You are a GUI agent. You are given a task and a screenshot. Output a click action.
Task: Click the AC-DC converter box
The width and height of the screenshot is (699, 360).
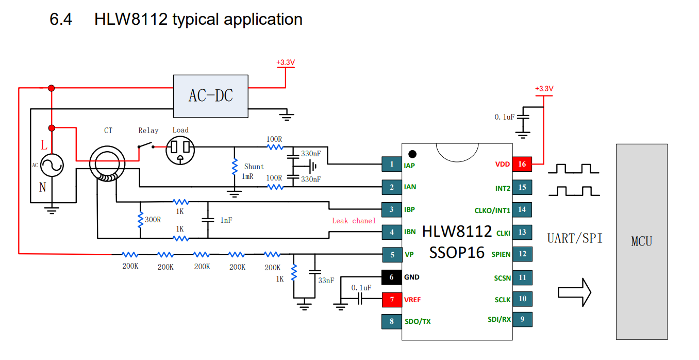(x=211, y=96)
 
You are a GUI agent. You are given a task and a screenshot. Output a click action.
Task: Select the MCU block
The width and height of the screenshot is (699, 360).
(x=642, y=242)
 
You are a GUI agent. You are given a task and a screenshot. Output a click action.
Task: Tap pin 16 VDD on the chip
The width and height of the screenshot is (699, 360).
(x=522, y=164)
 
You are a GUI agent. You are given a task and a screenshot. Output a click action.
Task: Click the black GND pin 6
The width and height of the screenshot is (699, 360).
(x=392, y=277)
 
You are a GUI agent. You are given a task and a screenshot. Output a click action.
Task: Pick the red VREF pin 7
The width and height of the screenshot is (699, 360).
(x=392, y=300)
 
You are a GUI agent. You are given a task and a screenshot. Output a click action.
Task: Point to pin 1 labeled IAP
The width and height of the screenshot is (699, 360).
(x=392, y=164)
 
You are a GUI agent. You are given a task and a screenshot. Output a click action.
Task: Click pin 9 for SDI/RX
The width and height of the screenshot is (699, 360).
(x=522, y=319)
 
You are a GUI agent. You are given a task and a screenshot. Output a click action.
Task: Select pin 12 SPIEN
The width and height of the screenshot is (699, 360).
(x=522, y=254)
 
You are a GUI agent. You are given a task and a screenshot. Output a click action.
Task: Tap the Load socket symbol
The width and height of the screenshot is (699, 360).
(x=180, y=151)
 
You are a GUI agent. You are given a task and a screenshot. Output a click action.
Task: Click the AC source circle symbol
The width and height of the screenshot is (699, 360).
(x=52, y=165)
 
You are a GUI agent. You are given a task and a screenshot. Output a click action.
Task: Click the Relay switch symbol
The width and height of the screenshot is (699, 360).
(x=146, y=145)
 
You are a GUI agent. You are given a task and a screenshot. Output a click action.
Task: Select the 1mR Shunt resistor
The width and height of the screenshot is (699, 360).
(x=235, y=167)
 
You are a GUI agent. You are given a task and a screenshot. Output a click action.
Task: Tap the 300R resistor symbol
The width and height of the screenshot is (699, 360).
(x=140, y=220)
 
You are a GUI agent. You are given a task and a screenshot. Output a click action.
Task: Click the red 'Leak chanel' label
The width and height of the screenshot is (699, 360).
(x=354, y=221)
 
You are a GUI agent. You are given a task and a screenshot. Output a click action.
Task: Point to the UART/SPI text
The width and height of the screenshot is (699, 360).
(x=574, y=239)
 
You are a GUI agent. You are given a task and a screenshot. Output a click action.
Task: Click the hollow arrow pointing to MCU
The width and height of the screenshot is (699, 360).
(x=574, y=292)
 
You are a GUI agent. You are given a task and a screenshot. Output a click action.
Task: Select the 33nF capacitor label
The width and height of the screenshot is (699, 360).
(x=326, y=281)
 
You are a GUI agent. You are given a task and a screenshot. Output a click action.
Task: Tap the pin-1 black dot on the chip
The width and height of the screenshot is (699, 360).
(x=412, y=154)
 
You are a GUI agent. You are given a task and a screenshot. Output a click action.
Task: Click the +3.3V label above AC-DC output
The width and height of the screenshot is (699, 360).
(x=286, y=62)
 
